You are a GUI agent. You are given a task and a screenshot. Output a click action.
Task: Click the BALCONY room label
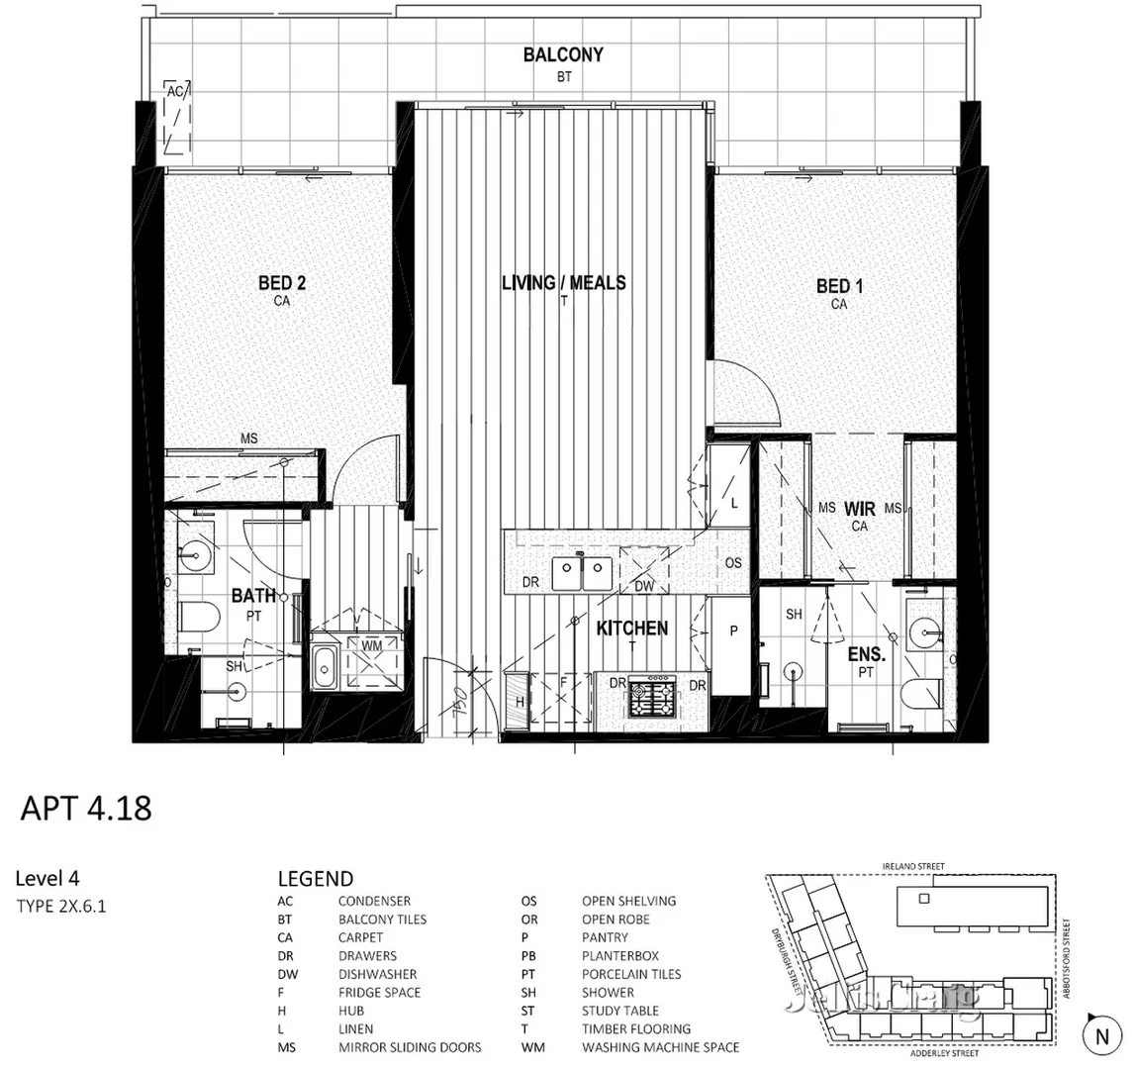coord(562,55)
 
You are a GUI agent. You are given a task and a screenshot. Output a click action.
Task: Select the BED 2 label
coord(282,284)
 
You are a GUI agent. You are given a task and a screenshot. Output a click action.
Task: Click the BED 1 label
coord(839,287)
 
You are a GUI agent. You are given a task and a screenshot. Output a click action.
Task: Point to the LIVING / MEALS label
coord(563,283)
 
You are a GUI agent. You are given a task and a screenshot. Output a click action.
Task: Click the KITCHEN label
coord(631,629)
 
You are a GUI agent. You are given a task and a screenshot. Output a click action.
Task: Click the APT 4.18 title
coord(86,808)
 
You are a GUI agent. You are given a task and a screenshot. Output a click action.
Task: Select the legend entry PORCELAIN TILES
coord(631,974)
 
